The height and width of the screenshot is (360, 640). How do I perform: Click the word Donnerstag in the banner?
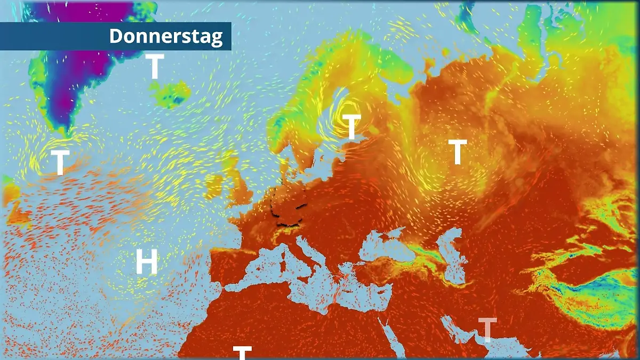(x=165, y=36)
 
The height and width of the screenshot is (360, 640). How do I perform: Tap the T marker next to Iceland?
(x=154, y=67)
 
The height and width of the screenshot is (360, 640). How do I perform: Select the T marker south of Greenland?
(x=60, y=162)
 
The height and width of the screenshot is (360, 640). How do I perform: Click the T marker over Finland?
(x=351, y=127)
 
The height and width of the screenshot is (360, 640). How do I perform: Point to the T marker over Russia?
(x=457, y=151)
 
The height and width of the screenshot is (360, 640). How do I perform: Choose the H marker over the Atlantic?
(x=146, y=262)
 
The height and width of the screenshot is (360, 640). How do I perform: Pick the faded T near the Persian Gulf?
(x=487, y=330)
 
